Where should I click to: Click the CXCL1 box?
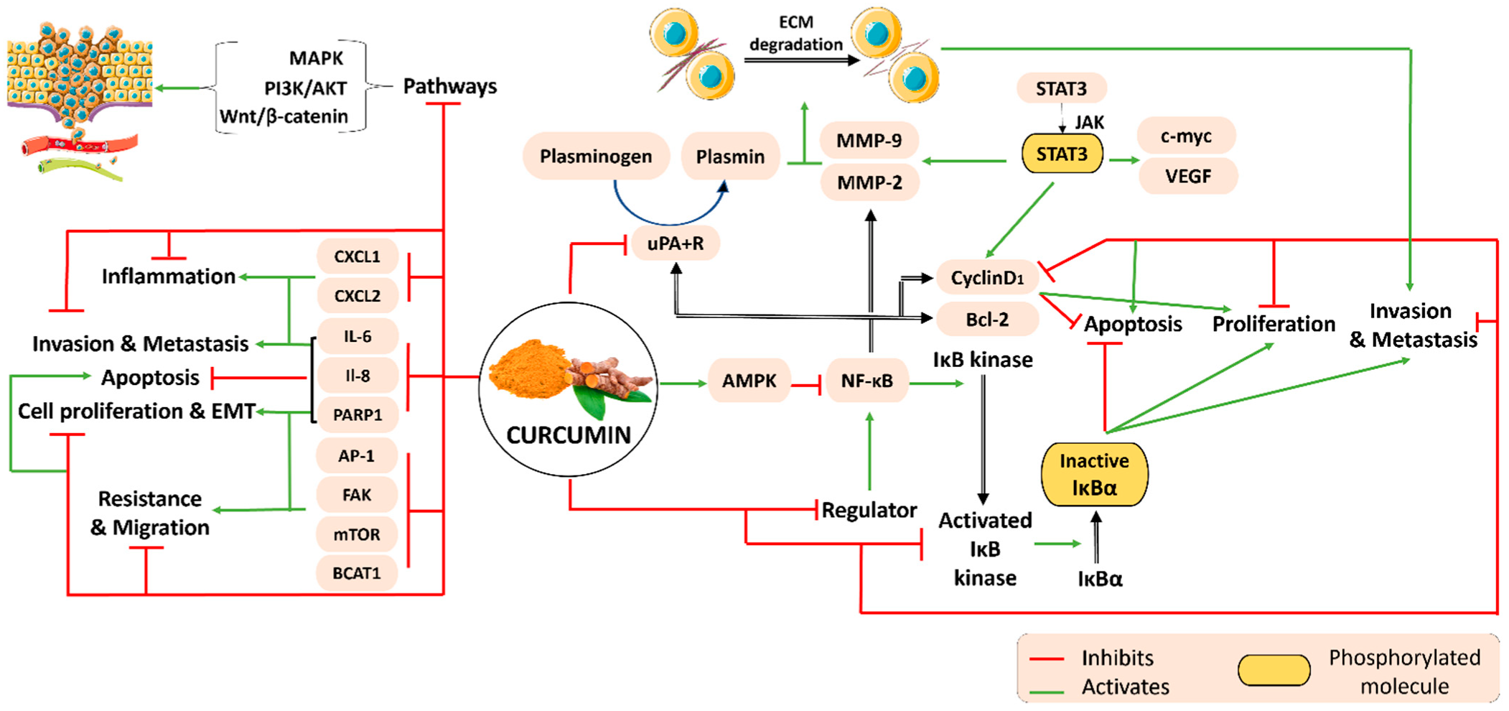tap(358, 256)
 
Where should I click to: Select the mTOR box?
tap(357, 534)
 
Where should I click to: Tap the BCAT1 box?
tap(357, 573)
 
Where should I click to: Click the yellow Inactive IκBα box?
tap(1094, 474)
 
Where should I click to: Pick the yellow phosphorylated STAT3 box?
tap(1062, 154)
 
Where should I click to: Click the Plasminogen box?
tap(596, 156)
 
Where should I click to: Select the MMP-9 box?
tap(869, 140)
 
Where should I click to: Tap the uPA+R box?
tap(676, 243)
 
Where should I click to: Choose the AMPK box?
tap(749, 381)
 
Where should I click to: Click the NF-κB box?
tap(867, 381)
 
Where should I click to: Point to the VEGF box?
tap(1188, 176)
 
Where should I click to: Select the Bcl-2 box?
tap(988, 319)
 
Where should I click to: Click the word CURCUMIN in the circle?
tap(569, 434)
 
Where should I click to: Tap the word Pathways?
tap(450, 86)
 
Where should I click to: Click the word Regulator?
tap(869, 510)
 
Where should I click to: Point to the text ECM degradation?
tap(796, 33)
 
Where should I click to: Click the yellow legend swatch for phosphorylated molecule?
tap(1274, 670)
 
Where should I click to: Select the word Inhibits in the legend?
tap(1118, 658)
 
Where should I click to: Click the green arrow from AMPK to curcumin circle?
tap(683, 384)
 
